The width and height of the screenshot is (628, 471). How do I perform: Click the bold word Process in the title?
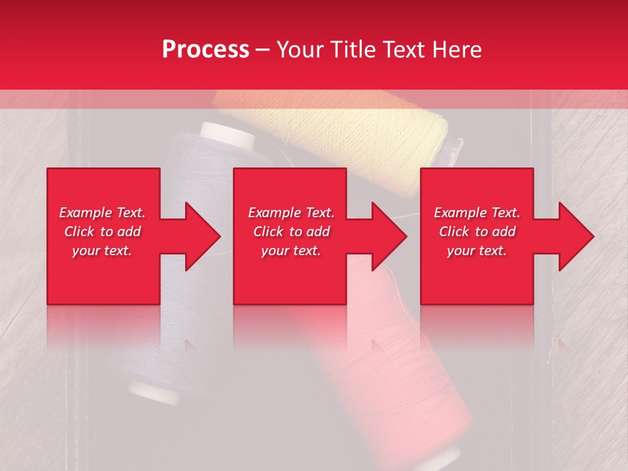(x=205, y=50)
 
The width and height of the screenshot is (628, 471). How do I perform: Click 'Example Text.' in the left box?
(x=102, y=213)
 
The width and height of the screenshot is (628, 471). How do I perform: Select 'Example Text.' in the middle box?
(x=291, y=213)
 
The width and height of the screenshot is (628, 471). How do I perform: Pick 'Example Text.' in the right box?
(x=477, y=213)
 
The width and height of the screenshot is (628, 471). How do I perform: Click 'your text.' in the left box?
(x=102, y=251)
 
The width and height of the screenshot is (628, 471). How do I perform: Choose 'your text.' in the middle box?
(x=291, y=251)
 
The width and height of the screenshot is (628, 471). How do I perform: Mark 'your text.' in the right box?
(x=477, y=251)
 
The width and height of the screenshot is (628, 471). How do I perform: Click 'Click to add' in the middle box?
(x=291, y=232)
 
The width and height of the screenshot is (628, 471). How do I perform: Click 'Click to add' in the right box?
(x=477, y=232)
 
